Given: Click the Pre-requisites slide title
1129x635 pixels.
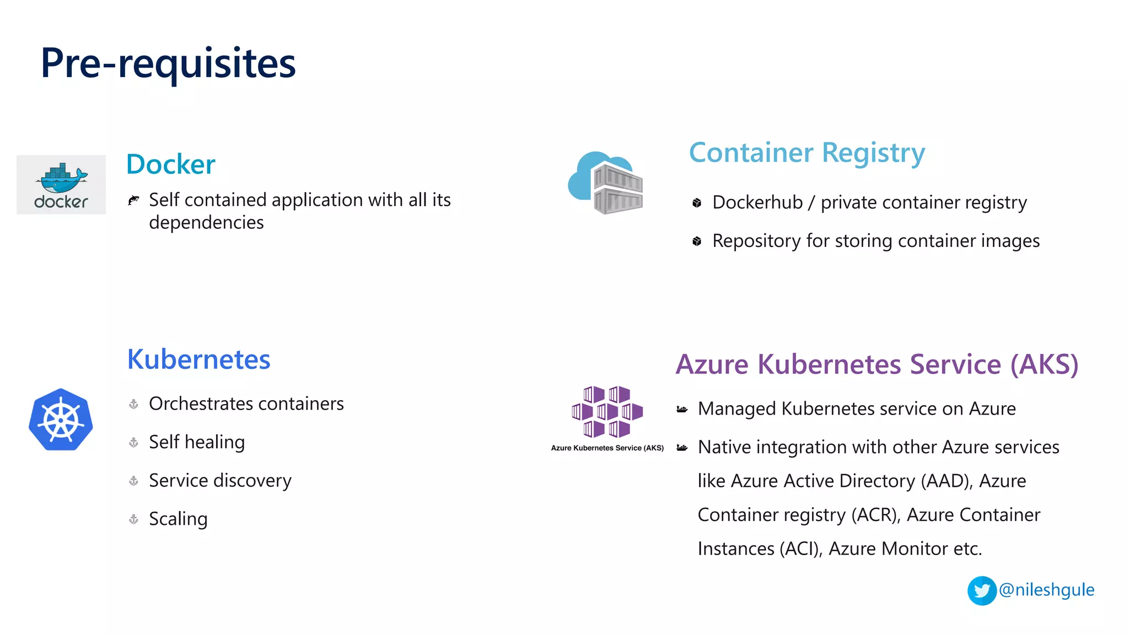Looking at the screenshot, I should point(168,63).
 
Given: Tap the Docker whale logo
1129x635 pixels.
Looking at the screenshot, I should point(61,184).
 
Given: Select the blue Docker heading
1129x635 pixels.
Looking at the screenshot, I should point(170,164).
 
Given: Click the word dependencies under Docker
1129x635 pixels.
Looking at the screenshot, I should point(206,223).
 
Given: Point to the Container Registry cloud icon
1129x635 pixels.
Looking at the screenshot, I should point(606,183).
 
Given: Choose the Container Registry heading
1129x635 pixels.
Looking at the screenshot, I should point(807,153).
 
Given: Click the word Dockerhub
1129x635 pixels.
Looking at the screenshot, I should point(757,202).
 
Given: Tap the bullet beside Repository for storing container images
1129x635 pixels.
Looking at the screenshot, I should point(697,241).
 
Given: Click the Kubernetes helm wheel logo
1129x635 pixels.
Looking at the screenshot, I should point(61,420).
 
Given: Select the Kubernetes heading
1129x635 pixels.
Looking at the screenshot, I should point(198,359).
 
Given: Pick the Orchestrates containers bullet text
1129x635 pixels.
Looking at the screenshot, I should point(246,403).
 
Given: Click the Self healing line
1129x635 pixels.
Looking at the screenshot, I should point(197,442).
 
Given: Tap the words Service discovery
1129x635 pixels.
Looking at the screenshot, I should point(220,481).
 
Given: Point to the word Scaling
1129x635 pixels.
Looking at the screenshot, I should point(178,519).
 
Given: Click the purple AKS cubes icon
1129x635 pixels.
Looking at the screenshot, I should point(607,412).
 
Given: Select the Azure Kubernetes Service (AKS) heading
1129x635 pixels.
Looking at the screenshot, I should point(877,364).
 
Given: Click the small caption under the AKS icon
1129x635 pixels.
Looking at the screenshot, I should point(607,448).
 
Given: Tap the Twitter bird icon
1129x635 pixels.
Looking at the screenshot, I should point(981,591).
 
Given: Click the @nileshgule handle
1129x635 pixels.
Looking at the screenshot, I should point(1046,590).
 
